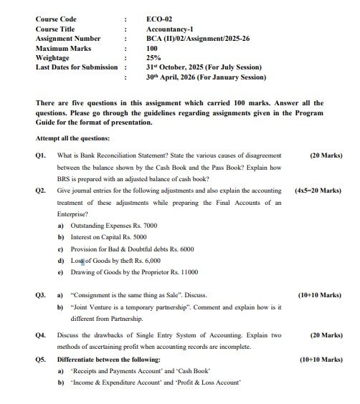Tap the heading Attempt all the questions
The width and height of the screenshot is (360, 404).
72,137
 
